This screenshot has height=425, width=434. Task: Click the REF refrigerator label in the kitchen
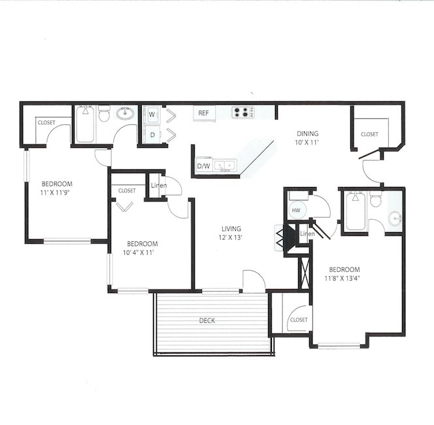tap(203, 113)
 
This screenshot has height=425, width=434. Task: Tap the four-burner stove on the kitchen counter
tap(242, 112)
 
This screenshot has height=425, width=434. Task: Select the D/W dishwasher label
tap(203, 166)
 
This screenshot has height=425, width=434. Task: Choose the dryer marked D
tap(152, 135)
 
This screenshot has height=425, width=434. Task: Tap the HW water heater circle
tap(295, 211)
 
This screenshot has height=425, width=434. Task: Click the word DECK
tap(207, 320)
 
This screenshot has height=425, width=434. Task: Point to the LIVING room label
tap(231, 229)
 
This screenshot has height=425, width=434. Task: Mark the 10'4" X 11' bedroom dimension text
tap(138, 251)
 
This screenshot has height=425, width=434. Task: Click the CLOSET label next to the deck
tap(299, 320)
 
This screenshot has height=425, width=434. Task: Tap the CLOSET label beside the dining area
tap(369, 134)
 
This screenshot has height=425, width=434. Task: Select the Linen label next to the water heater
tap(307, 233)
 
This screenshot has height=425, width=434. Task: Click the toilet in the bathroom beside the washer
tap(104, 115)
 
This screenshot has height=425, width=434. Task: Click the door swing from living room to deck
tap(254, 280)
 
